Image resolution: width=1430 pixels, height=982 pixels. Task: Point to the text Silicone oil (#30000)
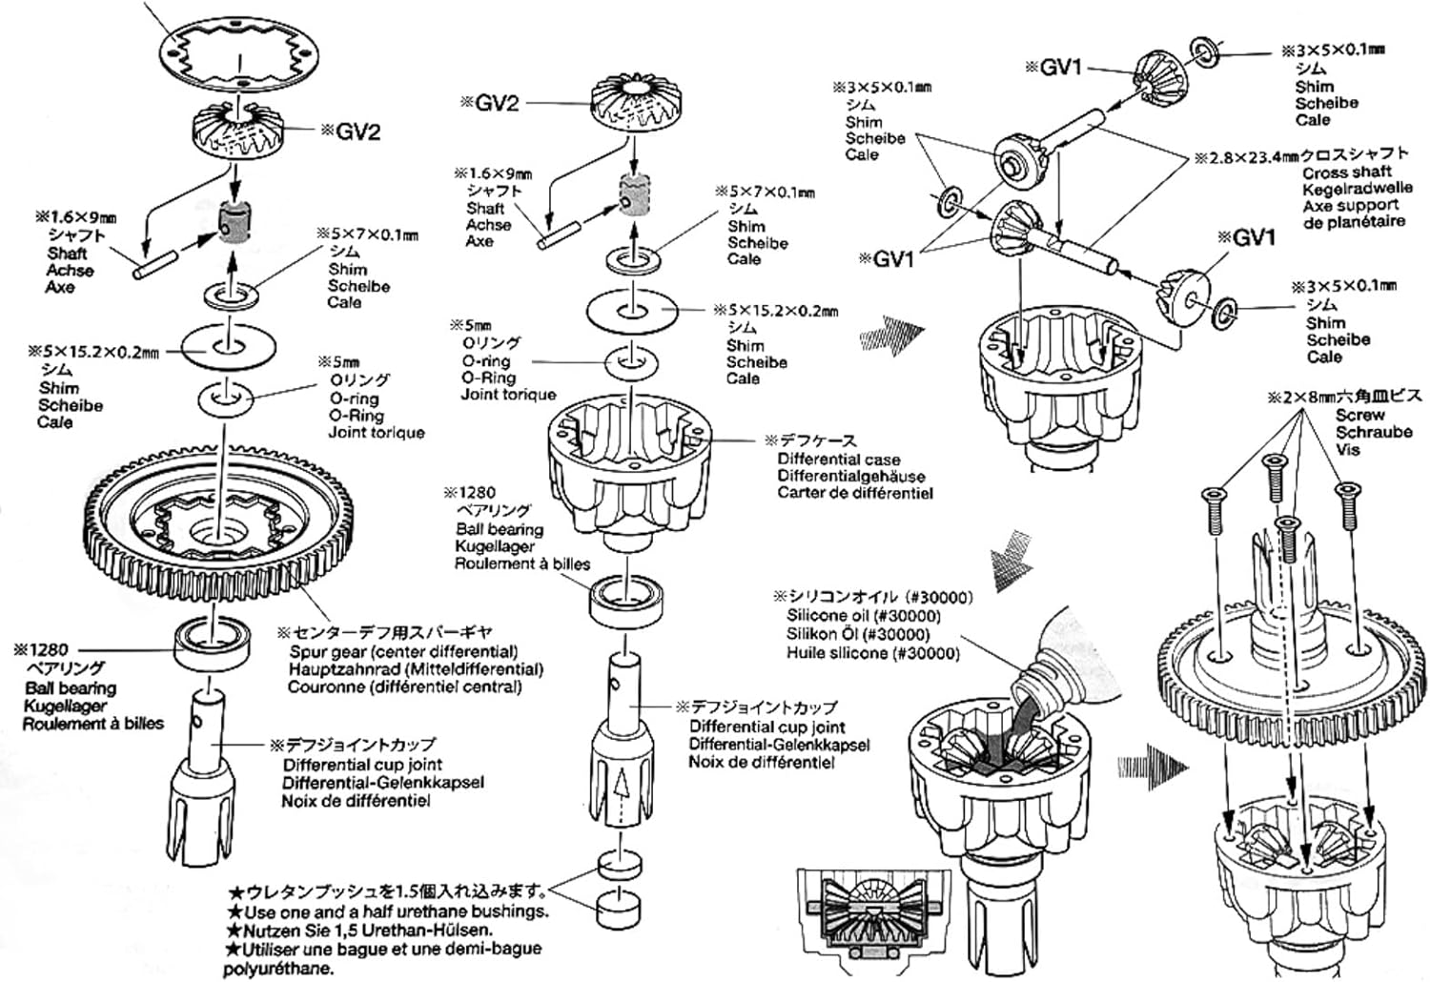coord(871,616)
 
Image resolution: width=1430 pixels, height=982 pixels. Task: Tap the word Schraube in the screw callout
coord(1374,432)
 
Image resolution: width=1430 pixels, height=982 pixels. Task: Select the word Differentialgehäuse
coord(850,476)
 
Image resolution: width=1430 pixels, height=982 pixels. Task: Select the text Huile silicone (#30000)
coord(872,653)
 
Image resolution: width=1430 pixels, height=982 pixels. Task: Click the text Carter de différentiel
coord(854,493)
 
